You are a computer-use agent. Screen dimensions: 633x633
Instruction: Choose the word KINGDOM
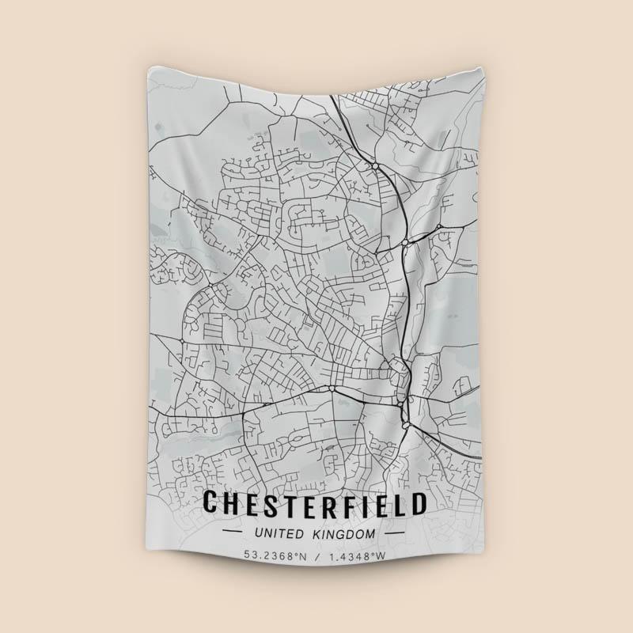pos(344,535)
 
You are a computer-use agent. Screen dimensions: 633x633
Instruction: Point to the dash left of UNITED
pos(237,535)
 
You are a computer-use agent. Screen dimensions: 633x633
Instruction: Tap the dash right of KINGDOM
pos(393,535)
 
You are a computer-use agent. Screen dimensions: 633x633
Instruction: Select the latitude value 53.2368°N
pos(275,556)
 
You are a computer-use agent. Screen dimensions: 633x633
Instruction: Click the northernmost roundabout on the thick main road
pos(373,165)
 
